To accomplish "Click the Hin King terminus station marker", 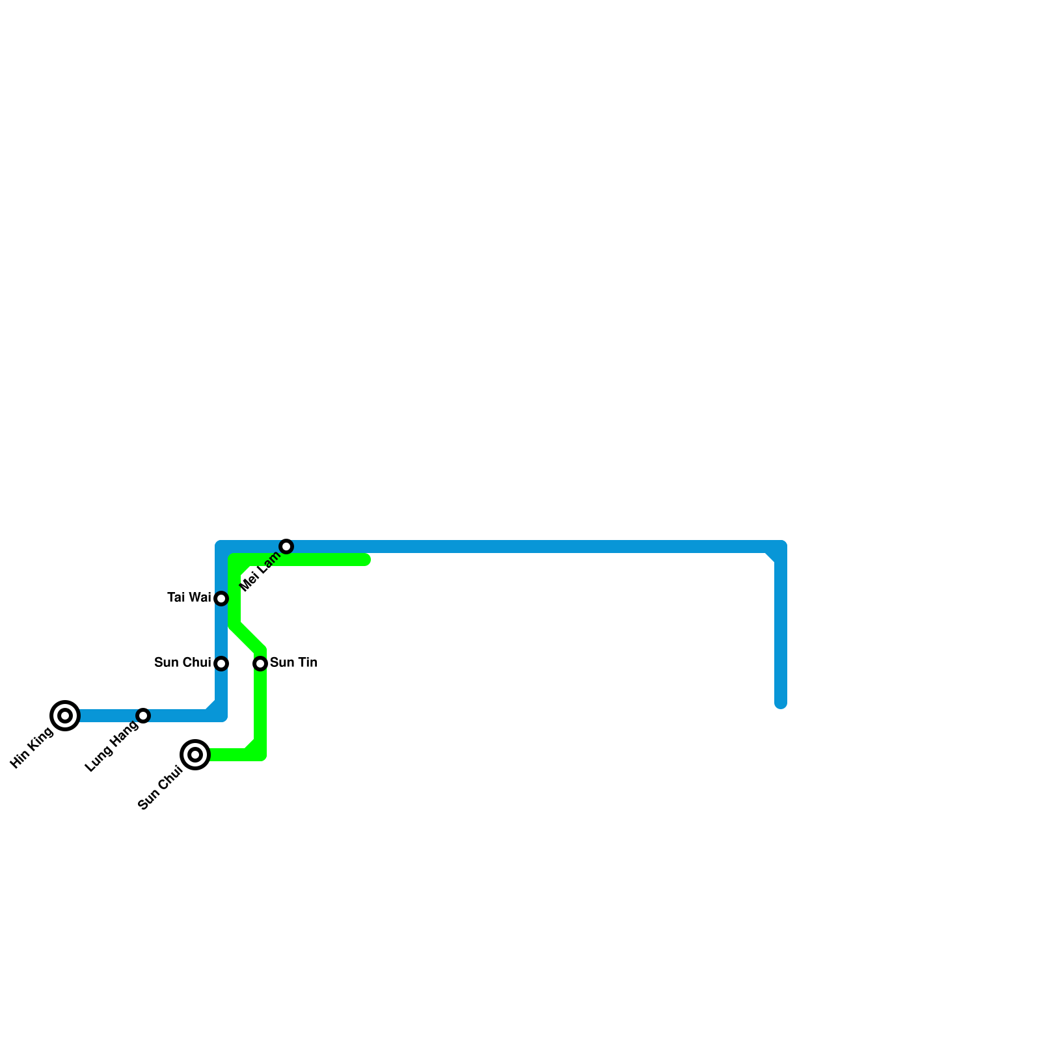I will [x=65, y=716].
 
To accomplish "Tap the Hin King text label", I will [x=33, y=748].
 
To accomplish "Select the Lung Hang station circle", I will [x=143, y=716].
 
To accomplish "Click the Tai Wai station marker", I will [x=221, y=599].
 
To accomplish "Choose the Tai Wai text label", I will [x=189, y=597].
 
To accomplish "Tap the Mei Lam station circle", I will [x=286, y=547].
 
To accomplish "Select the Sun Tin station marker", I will [x=260, y=664].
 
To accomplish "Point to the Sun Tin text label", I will [x=293, y=663].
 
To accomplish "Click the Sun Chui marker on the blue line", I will [x=221, y=664].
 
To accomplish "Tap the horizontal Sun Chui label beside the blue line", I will [x=182, y=663].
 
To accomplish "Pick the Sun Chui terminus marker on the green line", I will [x=195, y=755].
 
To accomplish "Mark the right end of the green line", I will [x=366, y=560].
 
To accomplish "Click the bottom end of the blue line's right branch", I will [x=781, y=703].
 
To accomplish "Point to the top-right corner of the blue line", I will [x=781, y=547].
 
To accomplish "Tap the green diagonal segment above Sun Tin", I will [x=247, y=638].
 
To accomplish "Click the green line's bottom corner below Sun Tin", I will [x=260, y=755].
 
